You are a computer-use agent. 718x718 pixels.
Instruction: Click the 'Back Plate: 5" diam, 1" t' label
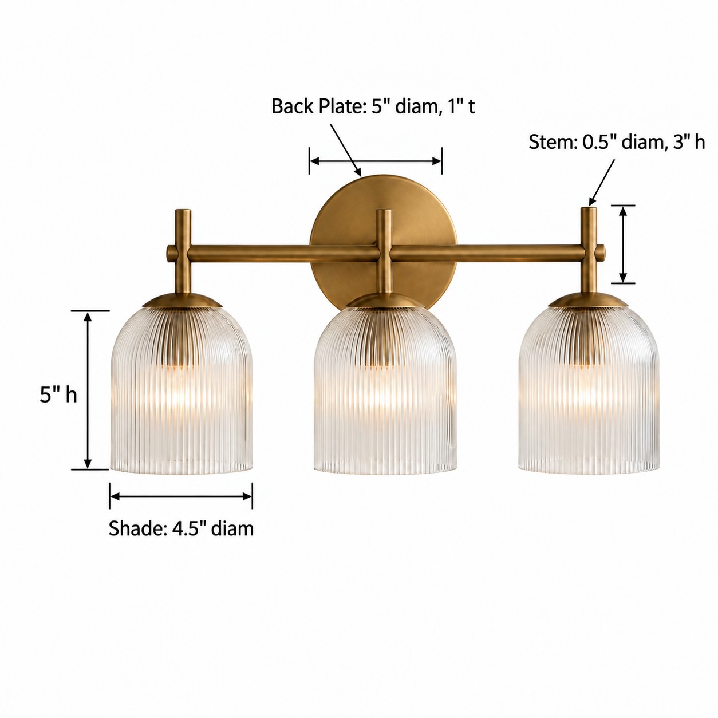(373, 106)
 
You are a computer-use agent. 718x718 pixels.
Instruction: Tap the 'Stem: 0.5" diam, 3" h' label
(617, 142)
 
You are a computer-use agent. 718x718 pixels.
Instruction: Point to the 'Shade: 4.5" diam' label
(181, 528)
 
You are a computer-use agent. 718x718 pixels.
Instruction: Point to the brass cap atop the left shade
(182, 300)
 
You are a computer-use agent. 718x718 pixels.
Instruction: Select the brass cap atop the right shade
(589, 300)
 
